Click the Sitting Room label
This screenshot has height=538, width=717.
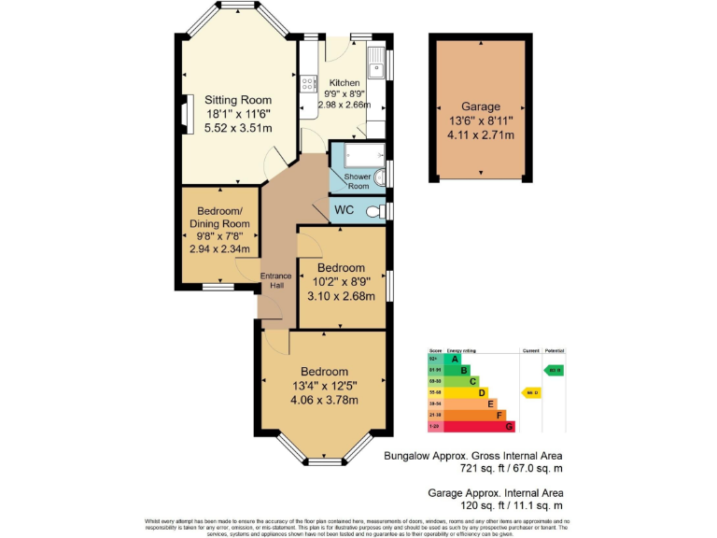[x=238, y=100]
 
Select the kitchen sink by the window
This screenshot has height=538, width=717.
[x=375, y=65]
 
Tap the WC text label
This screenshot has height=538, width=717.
[x=344, y=210]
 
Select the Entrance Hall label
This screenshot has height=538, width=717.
[x=275, y=280]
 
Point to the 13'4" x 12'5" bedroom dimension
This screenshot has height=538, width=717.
[x=323, y=386]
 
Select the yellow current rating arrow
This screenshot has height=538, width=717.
[x=531, y=392]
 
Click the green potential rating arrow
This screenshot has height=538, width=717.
[x=555, y=370]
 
